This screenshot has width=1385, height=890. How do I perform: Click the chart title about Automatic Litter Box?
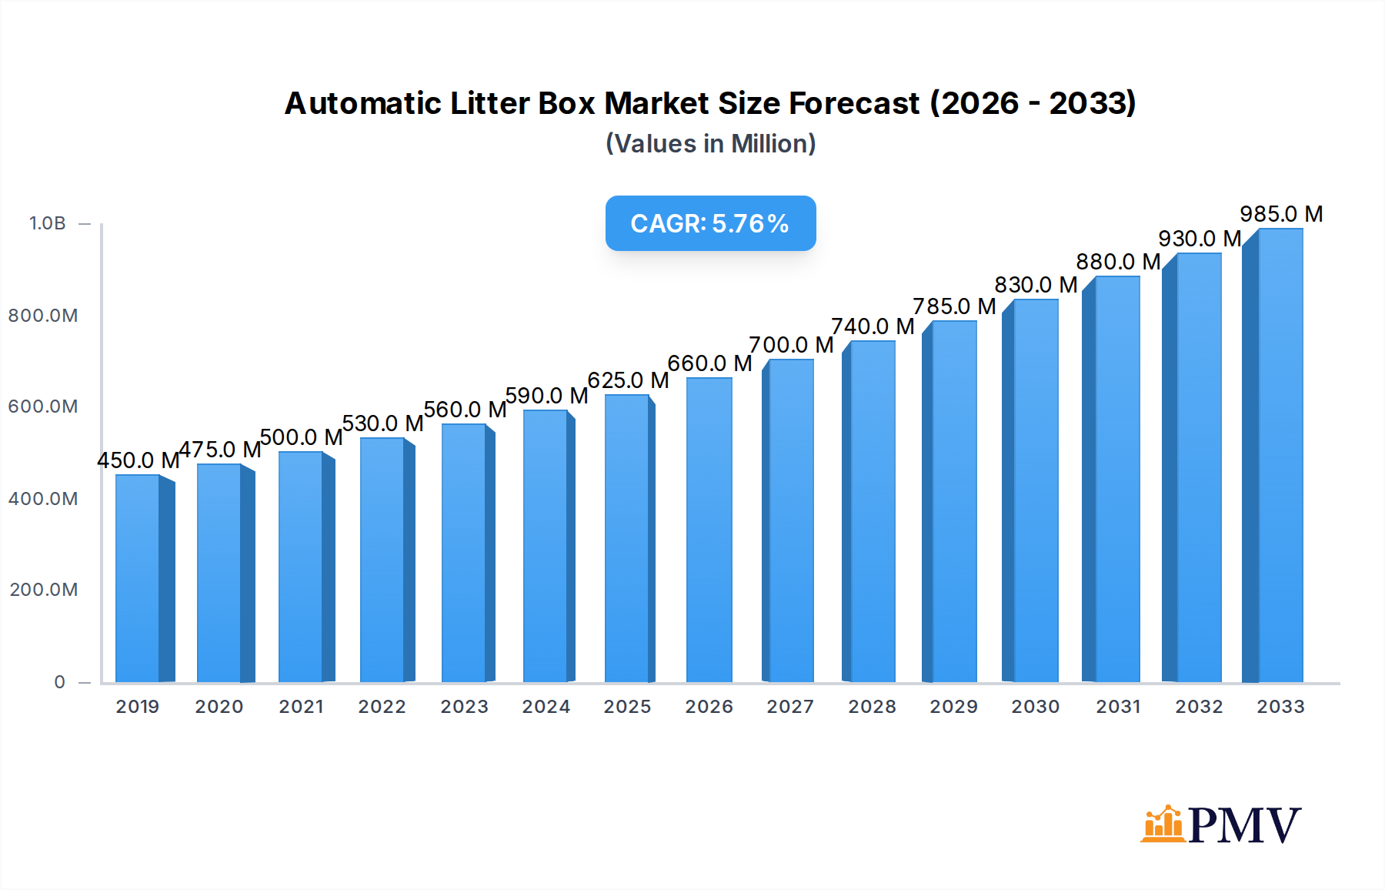[x=709, y=103]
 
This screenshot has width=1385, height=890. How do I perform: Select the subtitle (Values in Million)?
[x=710, y=144]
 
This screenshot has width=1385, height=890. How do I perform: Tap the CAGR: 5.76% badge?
[x=710, y=223]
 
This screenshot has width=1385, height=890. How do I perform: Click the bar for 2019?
[x=138, y=577]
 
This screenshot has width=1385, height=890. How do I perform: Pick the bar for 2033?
[x=1280, y=454]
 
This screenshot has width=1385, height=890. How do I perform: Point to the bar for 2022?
[x=382, y=560]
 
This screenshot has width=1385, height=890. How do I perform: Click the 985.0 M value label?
[x=1281, y=214]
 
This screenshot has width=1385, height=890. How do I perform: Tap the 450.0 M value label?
[x=138, y=460]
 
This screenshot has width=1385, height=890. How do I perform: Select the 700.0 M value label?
[x=791, y=345]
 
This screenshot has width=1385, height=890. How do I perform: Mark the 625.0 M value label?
[x=628, y=380]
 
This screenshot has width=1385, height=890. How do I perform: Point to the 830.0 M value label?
[x=1036, y=285]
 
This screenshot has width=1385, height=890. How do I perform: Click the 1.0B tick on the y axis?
[x=48, y=223]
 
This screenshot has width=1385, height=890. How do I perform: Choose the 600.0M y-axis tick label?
[x=43, y=407]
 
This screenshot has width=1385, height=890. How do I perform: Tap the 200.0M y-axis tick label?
[x=44, y=590]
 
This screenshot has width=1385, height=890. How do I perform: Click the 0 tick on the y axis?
[x=60, y=682]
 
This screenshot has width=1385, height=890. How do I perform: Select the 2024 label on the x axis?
[x=546, y=707]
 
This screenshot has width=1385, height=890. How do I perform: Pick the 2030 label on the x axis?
[x=1035, y=707]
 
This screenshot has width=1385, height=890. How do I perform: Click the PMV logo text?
[x=1244, y=825]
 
